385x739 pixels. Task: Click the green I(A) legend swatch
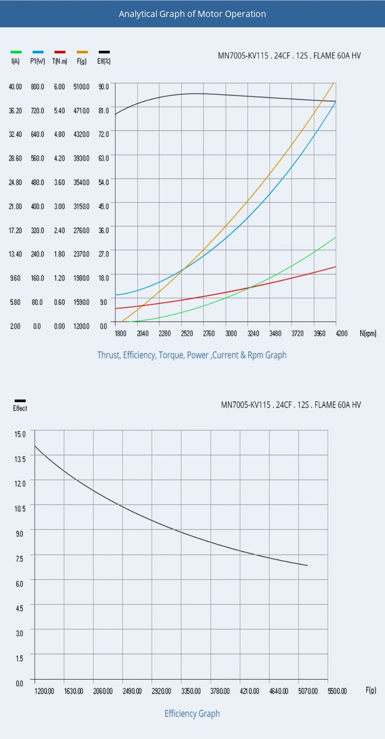[x=16, y=52]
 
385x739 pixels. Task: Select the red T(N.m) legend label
[x=60, y=61]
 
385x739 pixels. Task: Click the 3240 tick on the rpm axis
[x=253, y=333]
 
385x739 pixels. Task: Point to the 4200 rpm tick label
[x=342, y=333]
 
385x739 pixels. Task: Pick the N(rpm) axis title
[x=368, y=333]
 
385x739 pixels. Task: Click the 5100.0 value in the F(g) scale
[x=81, y=87]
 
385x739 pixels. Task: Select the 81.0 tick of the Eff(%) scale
[x=103, y=111]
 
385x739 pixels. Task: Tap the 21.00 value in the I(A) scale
[x=15, y=206]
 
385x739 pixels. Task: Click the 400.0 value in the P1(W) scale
[x=37, y=206]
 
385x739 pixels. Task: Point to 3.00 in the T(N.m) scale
[x=59, y=206]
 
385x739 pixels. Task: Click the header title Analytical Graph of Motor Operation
[x=192, y=14]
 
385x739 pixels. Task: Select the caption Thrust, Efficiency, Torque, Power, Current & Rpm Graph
[x=192, y=355]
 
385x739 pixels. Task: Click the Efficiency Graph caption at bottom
[x=192, y=713]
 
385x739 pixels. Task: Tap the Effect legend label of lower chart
[x=20, y=408]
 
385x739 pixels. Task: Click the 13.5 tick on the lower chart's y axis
[x=20, y=459]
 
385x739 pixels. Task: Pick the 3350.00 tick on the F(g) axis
[x=191, y=691]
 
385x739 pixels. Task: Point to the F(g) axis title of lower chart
[x=371, y=690]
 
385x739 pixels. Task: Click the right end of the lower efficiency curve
[x=307, y=565]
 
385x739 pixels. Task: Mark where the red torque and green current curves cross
[x=249, y=287]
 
